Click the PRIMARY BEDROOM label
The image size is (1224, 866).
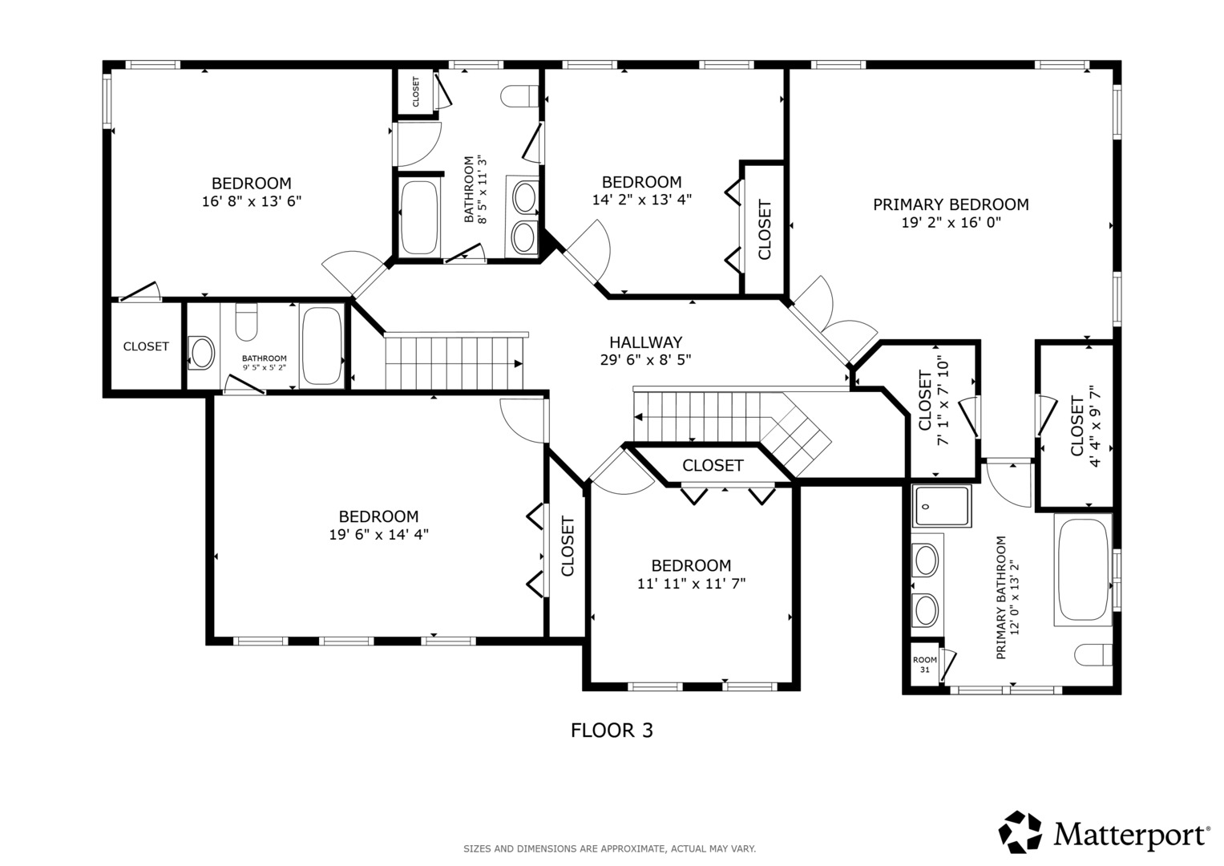(951, 204)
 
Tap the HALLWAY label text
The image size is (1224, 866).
(646, 342)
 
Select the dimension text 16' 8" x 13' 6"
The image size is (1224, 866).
(252, 201)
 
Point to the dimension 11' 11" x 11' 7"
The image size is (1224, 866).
(691, 584)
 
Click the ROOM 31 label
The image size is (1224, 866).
(924, 664)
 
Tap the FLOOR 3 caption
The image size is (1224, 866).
(612, 730)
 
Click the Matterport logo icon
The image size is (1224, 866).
(1020, 832)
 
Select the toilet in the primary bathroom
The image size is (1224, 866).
(1093, 654)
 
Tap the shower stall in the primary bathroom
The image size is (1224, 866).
(941, 506)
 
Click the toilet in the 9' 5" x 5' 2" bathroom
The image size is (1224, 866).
(246, 322)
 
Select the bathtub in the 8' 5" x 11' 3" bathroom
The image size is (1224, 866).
(419, 217)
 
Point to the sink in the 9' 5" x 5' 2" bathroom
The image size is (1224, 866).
(201, 353)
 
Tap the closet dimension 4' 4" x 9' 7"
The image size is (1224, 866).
(1085, 426)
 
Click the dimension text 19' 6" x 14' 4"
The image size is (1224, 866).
(378, 534)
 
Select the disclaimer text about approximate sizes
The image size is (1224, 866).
(610, 849)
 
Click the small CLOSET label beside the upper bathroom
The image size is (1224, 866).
(416, 91)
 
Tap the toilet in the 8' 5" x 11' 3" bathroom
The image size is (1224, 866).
(519, 96)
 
